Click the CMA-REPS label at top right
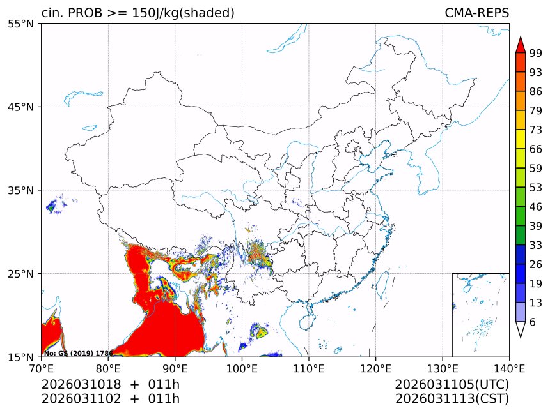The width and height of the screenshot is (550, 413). pyautogui.click(x=476, y=13)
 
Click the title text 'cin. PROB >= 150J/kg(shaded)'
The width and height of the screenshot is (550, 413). pyautogui.click(x=137, y=13)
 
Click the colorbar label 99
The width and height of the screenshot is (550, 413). pyautogui.click(x=536, y=53)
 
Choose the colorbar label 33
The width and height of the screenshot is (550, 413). pyautogui.click(x=536, y=245)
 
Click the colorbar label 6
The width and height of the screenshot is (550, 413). pyautogui.click(x=533, y=322)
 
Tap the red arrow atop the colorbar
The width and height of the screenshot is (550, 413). pyautogui.click(x=521, y=44)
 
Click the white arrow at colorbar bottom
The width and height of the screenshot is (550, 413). pyautogui.click(x=521, y=329)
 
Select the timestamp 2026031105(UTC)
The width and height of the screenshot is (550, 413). pyautogui.click(x=452, y=384)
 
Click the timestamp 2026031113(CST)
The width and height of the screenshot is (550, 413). pyautogui.click(x=452, y=399)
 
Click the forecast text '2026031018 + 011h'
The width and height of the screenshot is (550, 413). pyautogui.click(x=110, y=384)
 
